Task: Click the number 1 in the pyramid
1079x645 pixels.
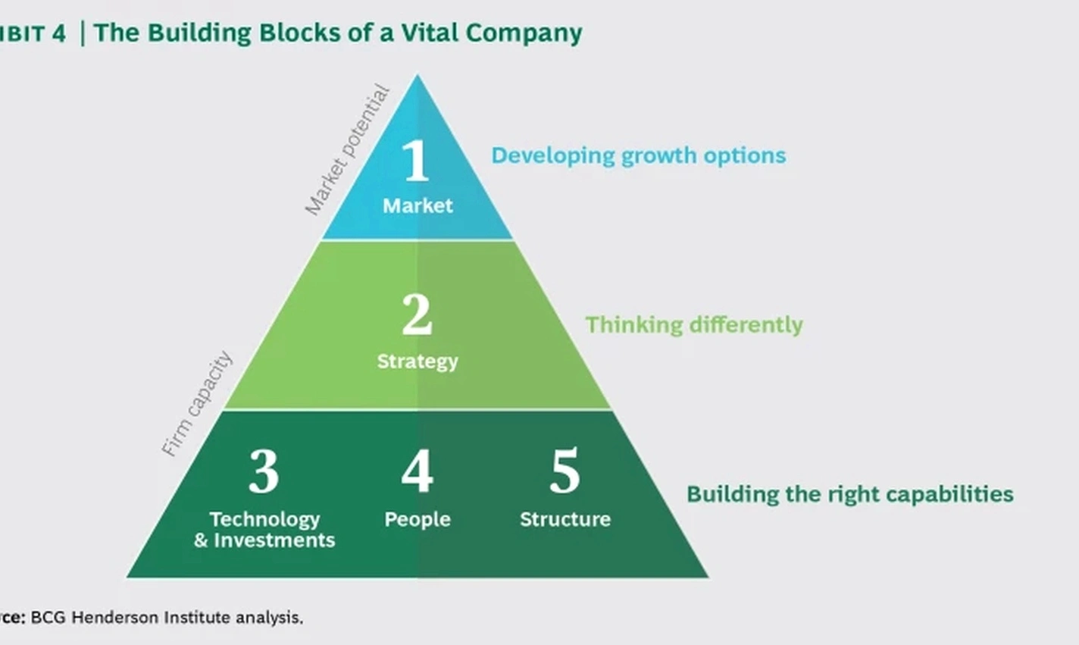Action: click(416, 161)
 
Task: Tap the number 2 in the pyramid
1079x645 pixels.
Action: click(417, 315)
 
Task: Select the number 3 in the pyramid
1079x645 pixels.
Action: click(264, 471)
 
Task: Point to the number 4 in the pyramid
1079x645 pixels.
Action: click(417, 471)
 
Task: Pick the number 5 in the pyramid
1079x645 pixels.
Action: click(565, 471)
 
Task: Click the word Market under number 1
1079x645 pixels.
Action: click(418, 205)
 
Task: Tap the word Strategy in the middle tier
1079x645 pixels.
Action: click(418, 361)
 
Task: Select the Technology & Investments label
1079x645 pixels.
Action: click(264, 529)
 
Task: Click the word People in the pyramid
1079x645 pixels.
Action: click(418, 519)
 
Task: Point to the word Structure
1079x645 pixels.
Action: click(565, 519)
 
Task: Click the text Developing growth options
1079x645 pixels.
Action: click(639, 155)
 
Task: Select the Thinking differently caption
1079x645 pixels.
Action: click(694, 324)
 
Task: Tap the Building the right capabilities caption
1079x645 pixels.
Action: click(849, 494)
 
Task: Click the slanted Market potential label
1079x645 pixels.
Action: click(347, 150)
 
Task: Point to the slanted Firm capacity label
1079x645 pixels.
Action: click(197, 403)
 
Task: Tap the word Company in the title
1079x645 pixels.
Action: click(524, 33)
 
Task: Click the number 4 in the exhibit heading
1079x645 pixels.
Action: click(59, 33)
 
